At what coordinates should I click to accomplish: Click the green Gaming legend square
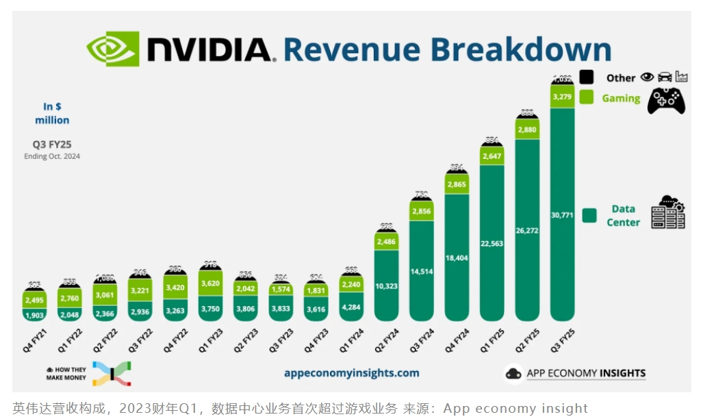(587, 97)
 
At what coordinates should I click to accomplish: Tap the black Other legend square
(587, 77)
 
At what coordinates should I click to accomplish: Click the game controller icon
(666, 100)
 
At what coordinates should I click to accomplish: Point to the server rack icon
(667, 212)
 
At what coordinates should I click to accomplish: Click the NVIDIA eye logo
(112, 49)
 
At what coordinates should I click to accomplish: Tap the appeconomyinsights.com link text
(351, 373)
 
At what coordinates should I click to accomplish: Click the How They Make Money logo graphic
(111, 373)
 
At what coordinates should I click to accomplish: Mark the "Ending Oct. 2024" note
(53, 156)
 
